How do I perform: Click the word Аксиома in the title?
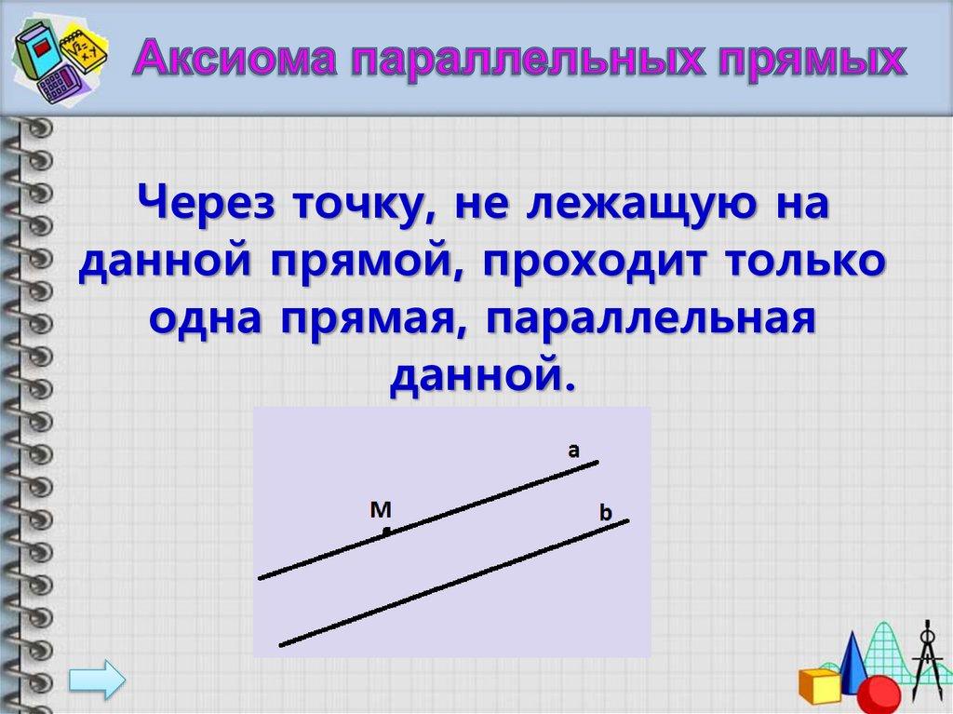235,58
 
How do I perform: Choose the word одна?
206,318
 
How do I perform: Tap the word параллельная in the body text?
651,319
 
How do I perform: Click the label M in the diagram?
381,509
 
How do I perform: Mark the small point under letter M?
386,532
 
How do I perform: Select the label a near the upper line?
573,451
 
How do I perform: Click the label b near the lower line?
605,513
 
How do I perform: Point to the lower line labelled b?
454,583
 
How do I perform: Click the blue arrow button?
97,679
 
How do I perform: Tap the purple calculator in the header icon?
59,85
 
